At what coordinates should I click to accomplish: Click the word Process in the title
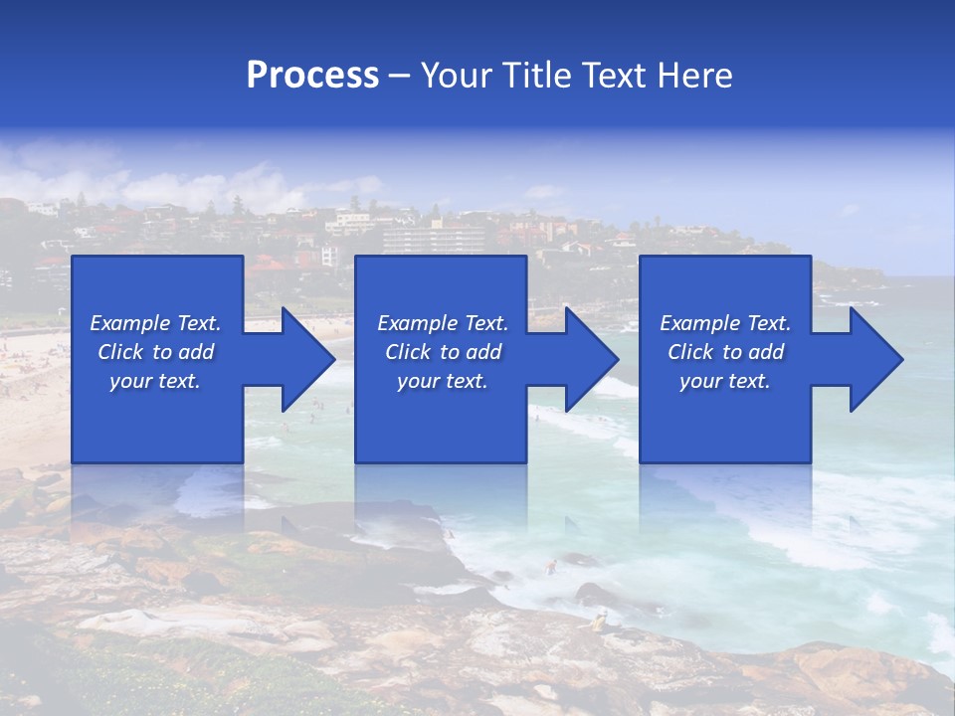312,76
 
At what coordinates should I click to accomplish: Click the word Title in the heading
534,76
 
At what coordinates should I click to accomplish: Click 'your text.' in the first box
155,381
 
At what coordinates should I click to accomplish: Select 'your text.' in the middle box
442,381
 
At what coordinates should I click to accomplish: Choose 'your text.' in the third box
725,381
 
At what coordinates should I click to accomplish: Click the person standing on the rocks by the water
599,623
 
